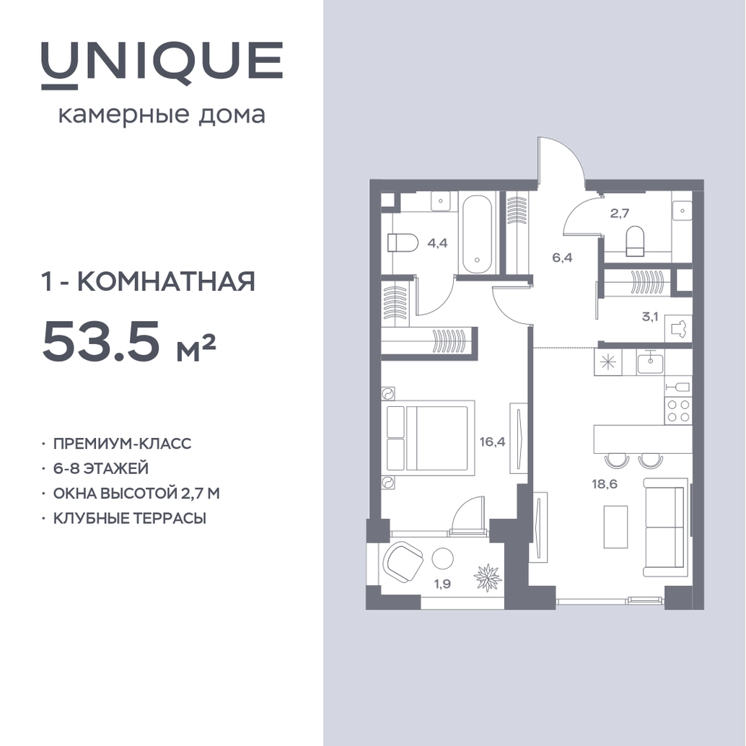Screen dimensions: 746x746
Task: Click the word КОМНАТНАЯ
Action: (x=166, y=281)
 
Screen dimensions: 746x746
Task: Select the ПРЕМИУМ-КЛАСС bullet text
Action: (x=122, y=444)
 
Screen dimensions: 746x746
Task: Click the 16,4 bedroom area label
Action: (x=493, y=442)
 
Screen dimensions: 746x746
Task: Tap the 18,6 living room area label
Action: (x=604, y=484)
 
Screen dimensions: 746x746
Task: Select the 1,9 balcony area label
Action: (x=442, y=584)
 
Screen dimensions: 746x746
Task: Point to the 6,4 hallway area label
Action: (x=562, y=258)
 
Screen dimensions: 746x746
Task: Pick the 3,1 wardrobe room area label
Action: (x=650, y=317)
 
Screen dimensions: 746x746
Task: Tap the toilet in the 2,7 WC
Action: (x=635, y=242)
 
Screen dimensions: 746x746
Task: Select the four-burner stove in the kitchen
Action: (x=678, y=411)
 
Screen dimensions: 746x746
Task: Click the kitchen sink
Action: (x=650, y=363)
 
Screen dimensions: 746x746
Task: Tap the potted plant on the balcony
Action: (x=488, y=576)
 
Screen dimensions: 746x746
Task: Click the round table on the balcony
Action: (x=443, y=558)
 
